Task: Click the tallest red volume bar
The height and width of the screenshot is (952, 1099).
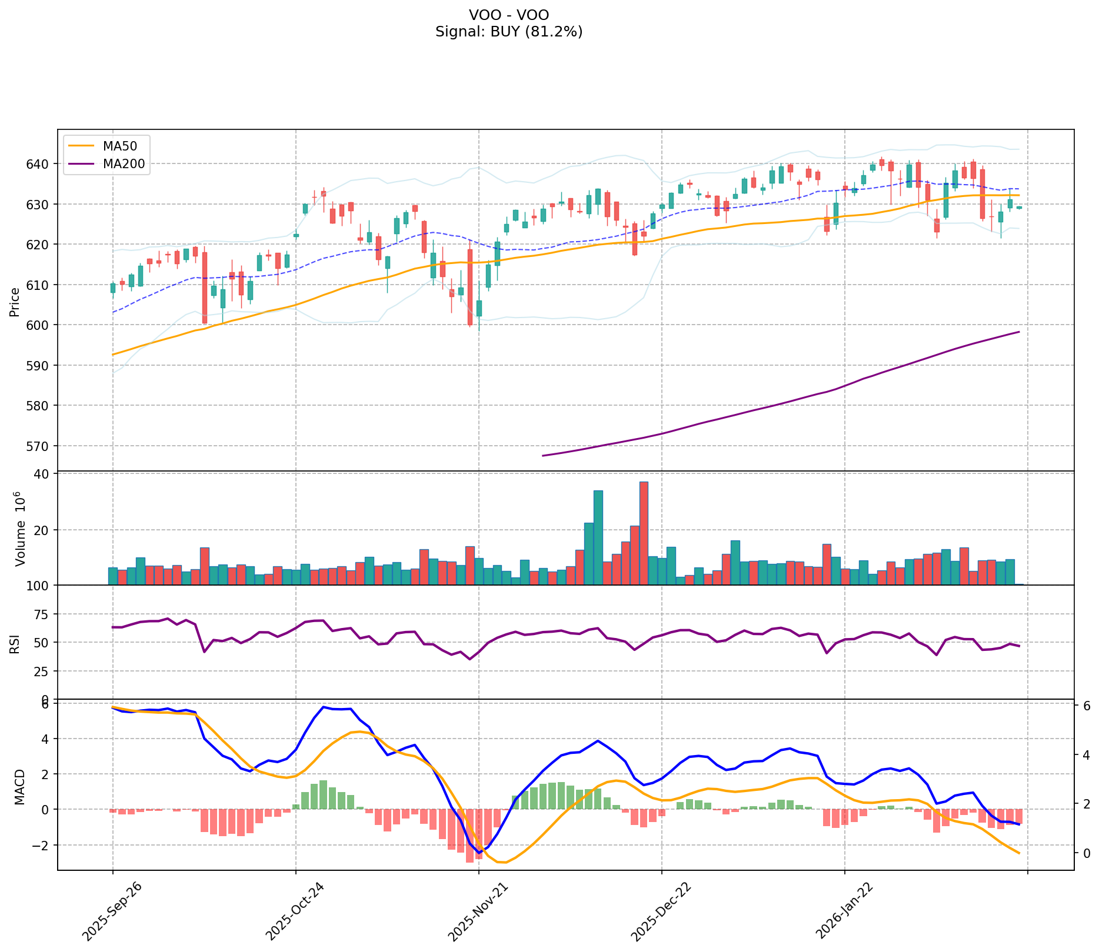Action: tap(644, 533)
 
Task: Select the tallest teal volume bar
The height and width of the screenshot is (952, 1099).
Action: tap(598, 537)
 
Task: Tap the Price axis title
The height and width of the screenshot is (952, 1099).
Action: tap(15, 302)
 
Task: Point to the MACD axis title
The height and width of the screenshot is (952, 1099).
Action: tap(19, 787)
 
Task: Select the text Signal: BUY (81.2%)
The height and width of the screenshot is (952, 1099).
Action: tap(509, 32)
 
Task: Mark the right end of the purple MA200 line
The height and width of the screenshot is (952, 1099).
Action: tap(1018, 332)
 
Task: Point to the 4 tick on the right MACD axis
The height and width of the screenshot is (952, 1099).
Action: tap(1085, 754)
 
